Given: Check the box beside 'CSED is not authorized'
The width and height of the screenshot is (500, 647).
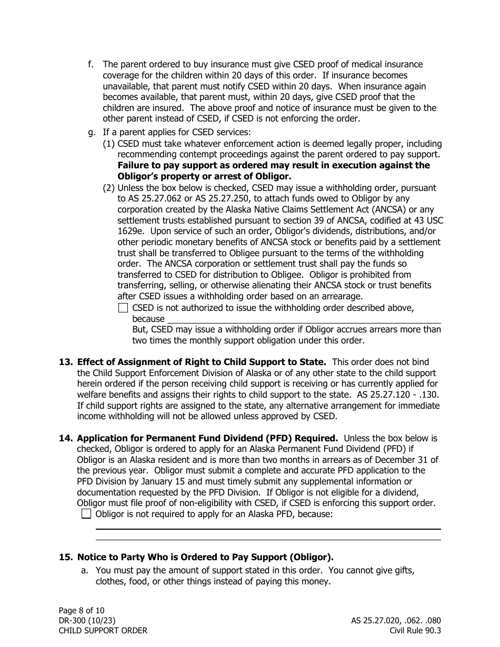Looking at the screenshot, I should click(x=123, y=308).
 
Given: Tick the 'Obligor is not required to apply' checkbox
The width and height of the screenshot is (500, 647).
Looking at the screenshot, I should click(x=86, y=514).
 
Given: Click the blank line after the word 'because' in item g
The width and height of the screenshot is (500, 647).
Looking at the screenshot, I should click(x=304, y=319).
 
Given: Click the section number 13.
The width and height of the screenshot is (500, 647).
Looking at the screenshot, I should click(x=65, y=362).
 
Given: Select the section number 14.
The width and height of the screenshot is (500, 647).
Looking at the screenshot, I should click(x=65, y=438).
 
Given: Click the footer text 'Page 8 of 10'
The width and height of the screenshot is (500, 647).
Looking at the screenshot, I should click(x=82, y=610).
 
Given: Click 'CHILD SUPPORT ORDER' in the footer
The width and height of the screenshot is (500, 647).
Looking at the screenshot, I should click(x=103, y=631).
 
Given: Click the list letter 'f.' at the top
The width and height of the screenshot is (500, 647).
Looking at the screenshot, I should click(x=91, y=64).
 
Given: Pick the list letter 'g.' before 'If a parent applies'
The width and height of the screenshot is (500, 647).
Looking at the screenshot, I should click(x=92, y=133).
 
